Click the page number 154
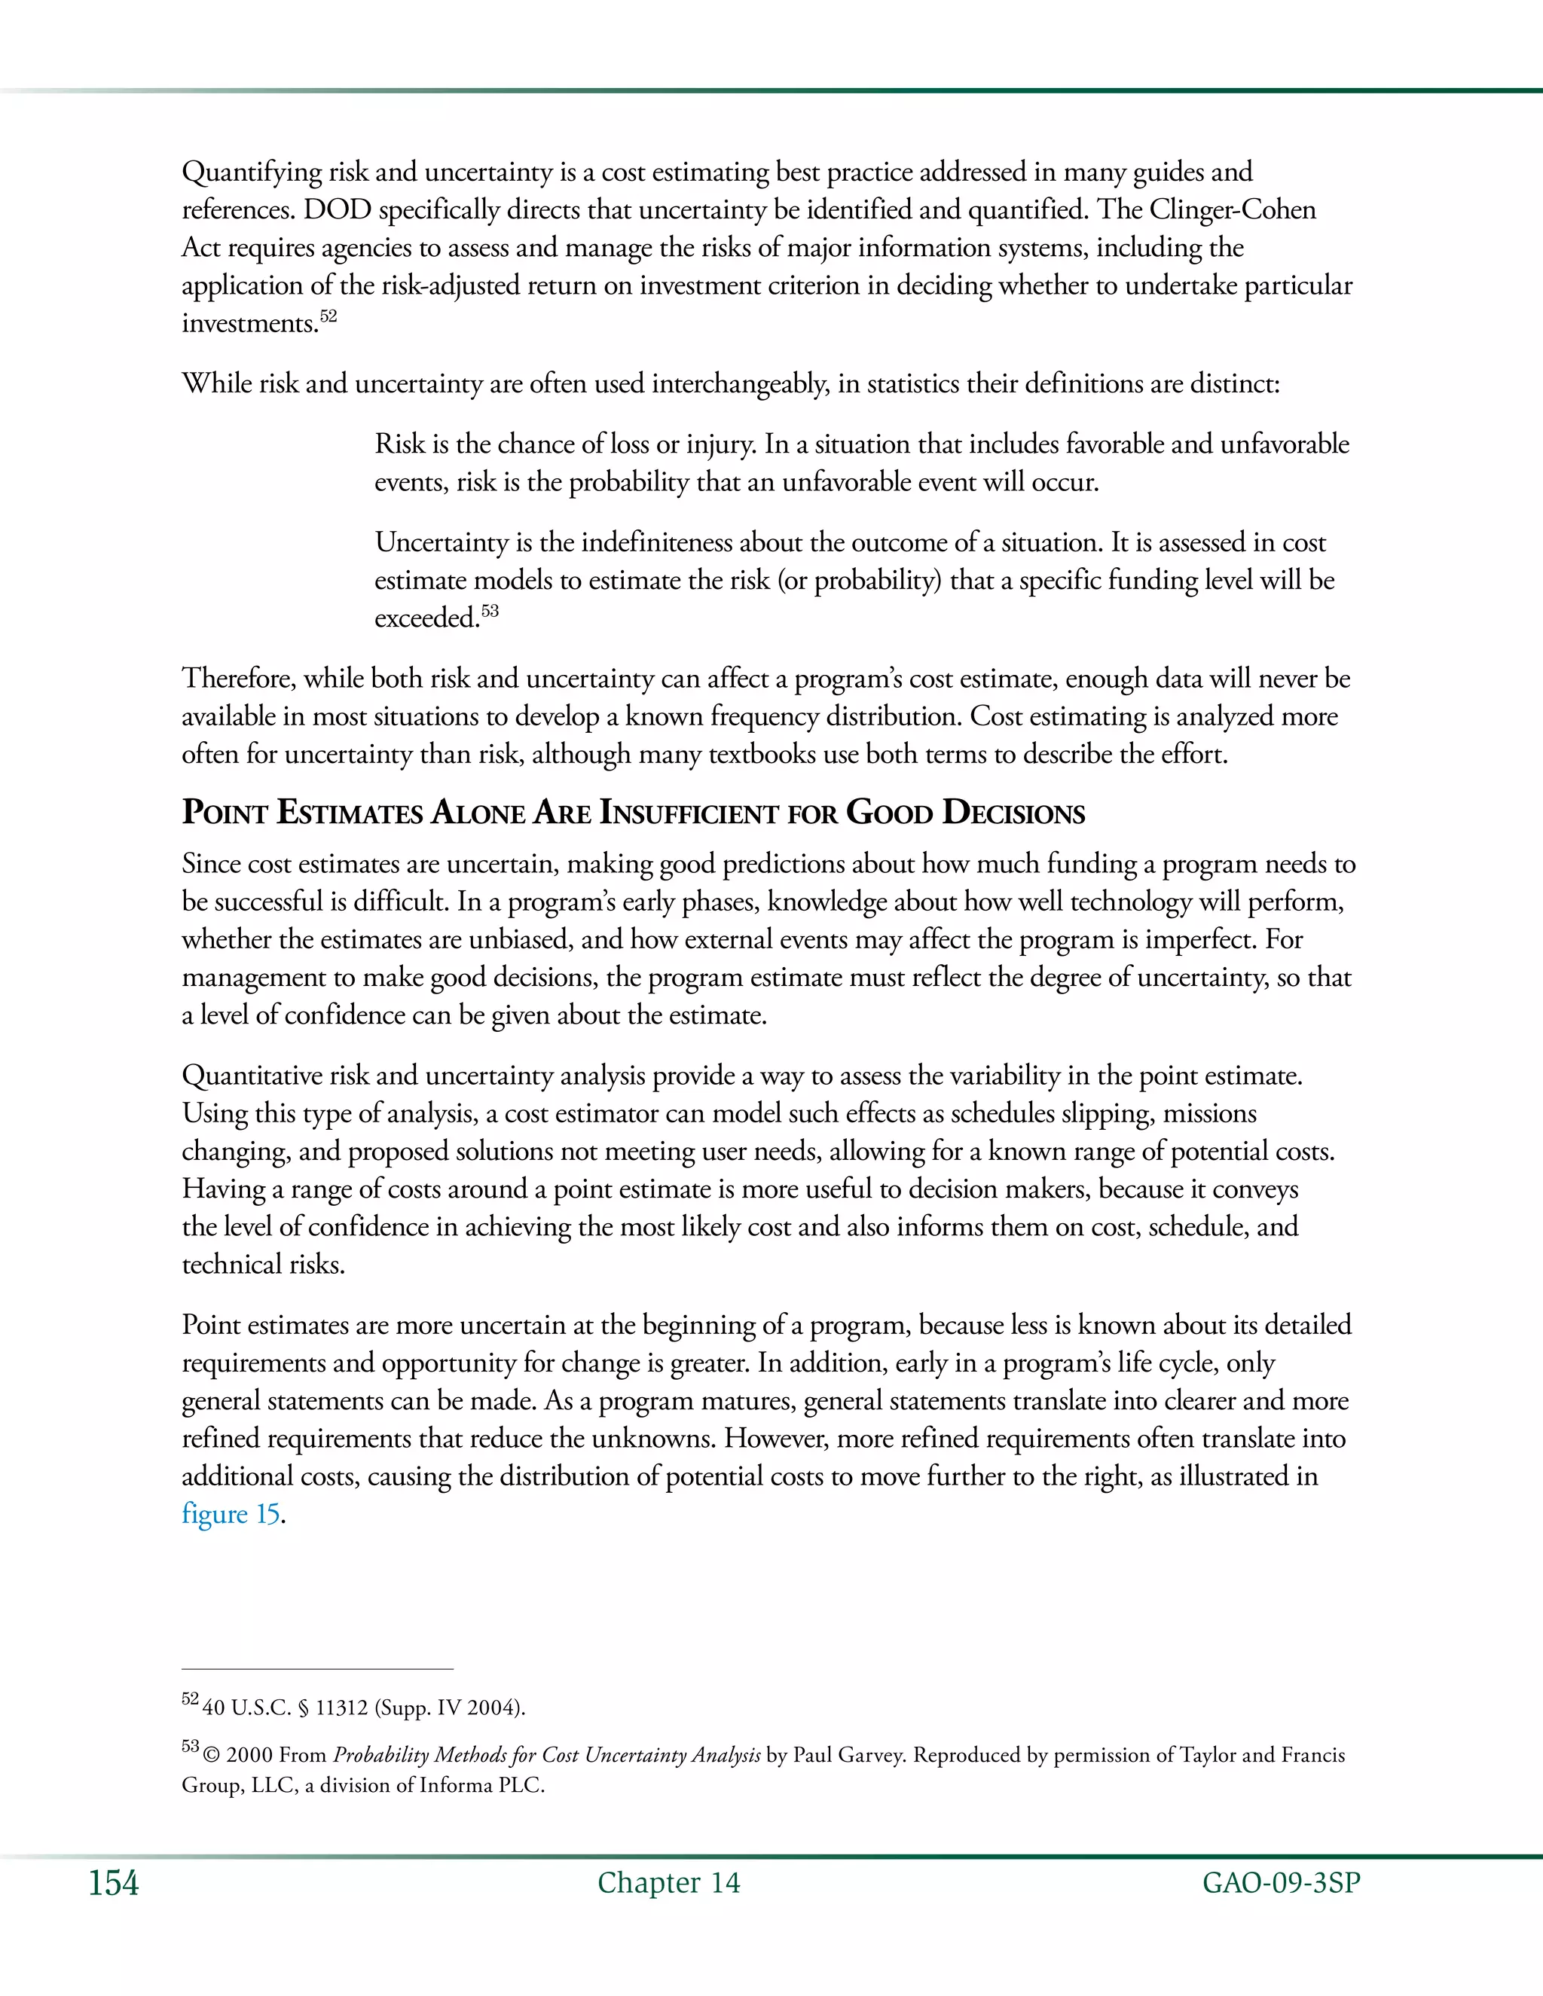(x=113, y=1883)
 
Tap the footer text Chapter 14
(x=668, y=1883)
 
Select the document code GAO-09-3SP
(x=1281, y=1883)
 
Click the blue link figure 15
(x=231, y=1515)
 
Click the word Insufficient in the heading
(x=687, y=813)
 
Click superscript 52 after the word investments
(x=328, y=316)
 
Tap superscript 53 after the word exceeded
(x=490, y=611)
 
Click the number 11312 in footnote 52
(x=341, y=1708)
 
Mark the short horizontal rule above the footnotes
(x=317, y=1669)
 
